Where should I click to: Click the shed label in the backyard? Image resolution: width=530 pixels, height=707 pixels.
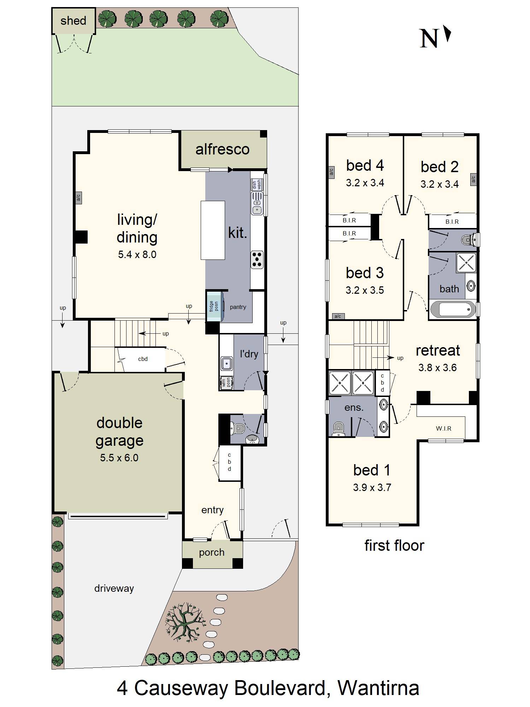point(73,21)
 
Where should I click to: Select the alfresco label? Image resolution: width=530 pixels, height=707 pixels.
point(222,150)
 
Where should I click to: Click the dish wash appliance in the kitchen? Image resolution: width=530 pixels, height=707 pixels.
point(257,185)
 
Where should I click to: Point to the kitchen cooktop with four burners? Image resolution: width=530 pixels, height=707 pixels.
point(257,259)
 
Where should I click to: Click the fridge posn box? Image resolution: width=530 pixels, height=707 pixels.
point(214,306)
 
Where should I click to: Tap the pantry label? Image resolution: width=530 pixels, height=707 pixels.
point(238,307)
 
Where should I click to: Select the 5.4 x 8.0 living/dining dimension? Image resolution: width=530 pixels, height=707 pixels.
point(137,255)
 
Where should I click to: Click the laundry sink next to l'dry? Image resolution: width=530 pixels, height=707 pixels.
point(226,363)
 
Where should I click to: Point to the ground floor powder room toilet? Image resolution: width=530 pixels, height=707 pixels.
point(238,429)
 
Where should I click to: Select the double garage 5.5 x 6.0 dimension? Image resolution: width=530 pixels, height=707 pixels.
point(119,458)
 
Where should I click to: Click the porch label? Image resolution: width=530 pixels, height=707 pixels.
point(212,552)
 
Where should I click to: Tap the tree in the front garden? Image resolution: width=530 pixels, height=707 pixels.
point(184,624)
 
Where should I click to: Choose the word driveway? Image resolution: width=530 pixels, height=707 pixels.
point(114,588)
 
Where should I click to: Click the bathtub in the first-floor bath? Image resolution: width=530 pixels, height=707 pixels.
point(453,310)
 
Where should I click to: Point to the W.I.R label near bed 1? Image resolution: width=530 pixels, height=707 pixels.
point(443,428)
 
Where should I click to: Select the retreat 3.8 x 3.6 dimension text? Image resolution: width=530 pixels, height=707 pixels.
point(437,368)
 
